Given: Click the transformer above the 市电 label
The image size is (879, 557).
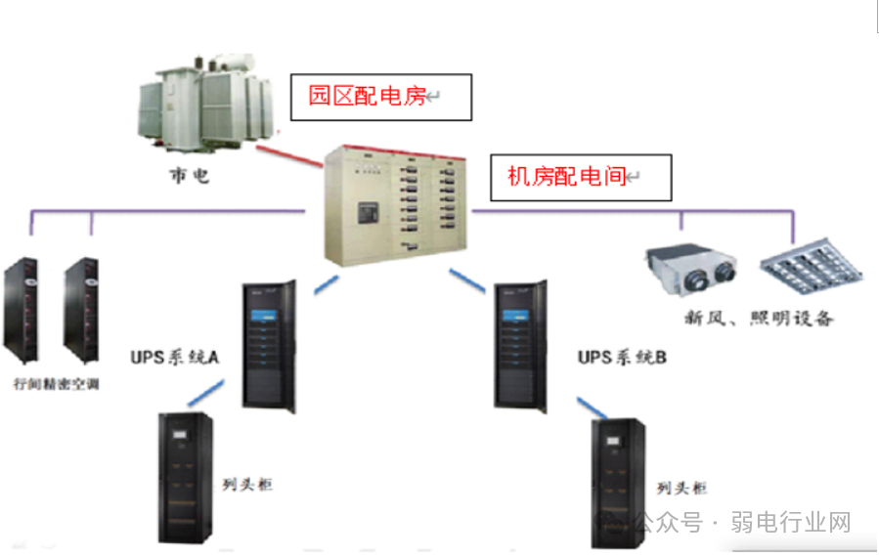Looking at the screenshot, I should [x=205, y=103].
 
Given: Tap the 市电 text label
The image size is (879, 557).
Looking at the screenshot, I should [x=187, y=177].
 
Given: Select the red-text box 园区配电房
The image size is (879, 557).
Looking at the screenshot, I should [x=381, y=97].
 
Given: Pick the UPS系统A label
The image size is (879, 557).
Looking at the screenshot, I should [x=175, y=358].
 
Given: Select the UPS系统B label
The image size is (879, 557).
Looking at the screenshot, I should [x=622, y=358].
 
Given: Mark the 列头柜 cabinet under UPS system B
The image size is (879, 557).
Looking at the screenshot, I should [x=620, y=483].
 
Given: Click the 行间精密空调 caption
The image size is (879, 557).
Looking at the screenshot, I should [x=57, y=384].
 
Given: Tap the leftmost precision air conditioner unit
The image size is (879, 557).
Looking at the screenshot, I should [x=22, y=309].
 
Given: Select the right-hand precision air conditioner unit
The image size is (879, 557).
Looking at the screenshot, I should [x=79, y=309].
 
